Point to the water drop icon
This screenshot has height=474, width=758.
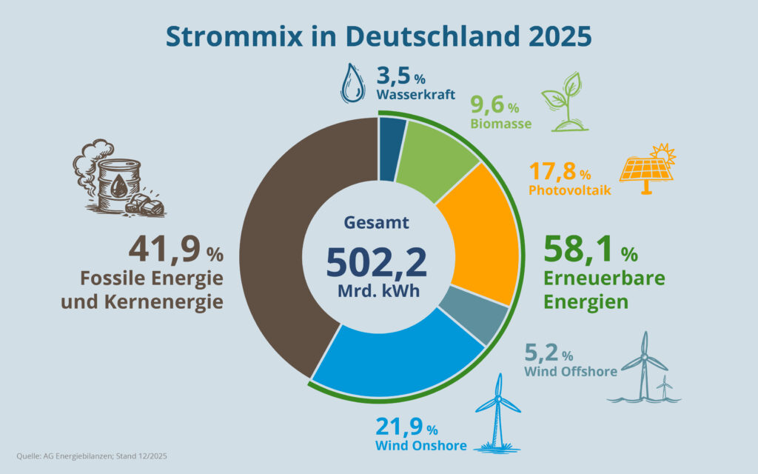tap(352, 82)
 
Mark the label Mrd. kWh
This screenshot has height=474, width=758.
tap(378, 290)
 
